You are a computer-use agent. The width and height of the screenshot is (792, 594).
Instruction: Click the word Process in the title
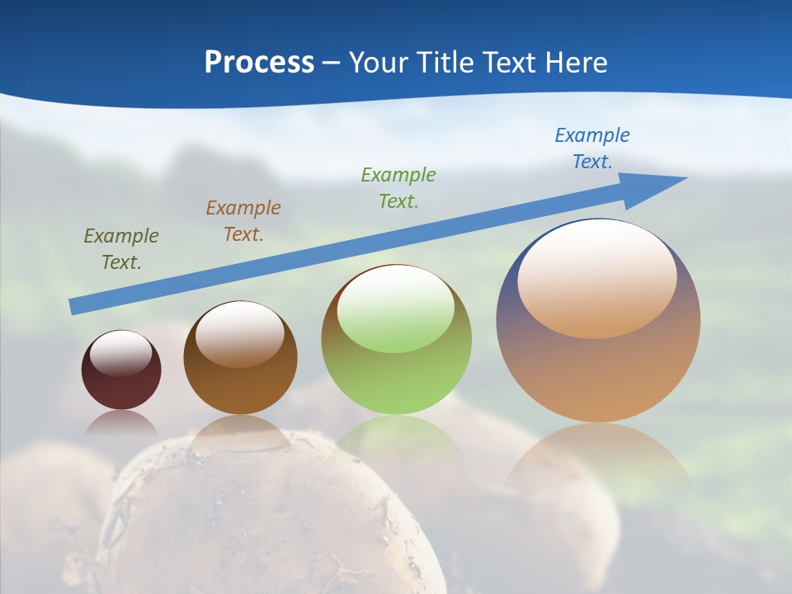pyautogui.click(x=259, y=63)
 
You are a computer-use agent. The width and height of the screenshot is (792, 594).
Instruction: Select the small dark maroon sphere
pyautogui.click(x=121, y=388)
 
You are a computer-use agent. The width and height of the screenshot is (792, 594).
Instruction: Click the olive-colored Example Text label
pyautogui.click(x=121, y=249)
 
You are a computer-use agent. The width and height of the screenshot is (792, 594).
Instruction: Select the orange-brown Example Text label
pyautogui.click(x=243, y=221)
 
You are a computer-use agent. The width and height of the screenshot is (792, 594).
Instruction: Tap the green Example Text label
pyautogui.click(x=398, y=187)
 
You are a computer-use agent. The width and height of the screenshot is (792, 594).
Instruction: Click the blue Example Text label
pyautogui.click(x=592, y=148)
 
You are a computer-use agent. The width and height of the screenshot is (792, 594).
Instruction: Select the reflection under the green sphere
pyautogui.click(x=398, y=437)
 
